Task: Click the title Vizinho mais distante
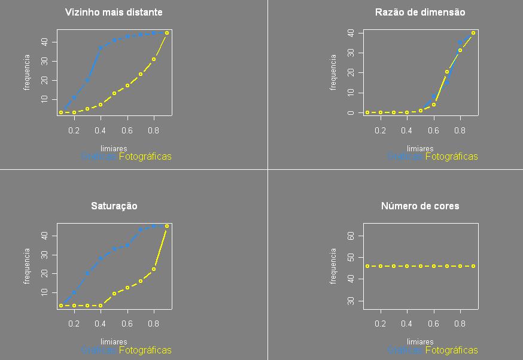pyautogui.click(x=114, y=12)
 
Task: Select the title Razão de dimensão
pyautogui.click(x=420, y=12)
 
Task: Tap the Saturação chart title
pyautogui.click(x=114, y=206)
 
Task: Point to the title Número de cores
pyautogui.click(x=420, y=206)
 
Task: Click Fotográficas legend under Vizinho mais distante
pyautogui.click(x=145, y=157)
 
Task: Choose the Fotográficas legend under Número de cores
pyautogui.click(x=452, y=350)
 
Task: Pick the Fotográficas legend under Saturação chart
pyautogui.click(x=145, y=350)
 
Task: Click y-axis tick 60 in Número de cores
pyautogui.click(x=351, y=236)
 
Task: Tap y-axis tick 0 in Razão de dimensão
pyautogui.click(x=351, y=112)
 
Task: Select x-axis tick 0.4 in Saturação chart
pyautogui.click(x=101, y=324)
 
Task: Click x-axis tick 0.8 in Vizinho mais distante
pyautogui.click(x=154, y=130)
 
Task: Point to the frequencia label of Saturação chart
pyautogui.click(x=26, y=266)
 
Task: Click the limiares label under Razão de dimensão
pyautogui.click(x=420, y=148)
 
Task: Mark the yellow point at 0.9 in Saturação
pyautogui.click(x=167, y=226)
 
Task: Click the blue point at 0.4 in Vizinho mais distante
pyautogui.click(x=101, y=48)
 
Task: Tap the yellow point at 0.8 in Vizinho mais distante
pyautogui.click(x=154, y=59)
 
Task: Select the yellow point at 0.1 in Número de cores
pyautogui.click(x=367, y=266)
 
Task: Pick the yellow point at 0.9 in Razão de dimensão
pyautogui.click(x=473, y=33)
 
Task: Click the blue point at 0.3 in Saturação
pyautogui.click(x=87, y=273)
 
